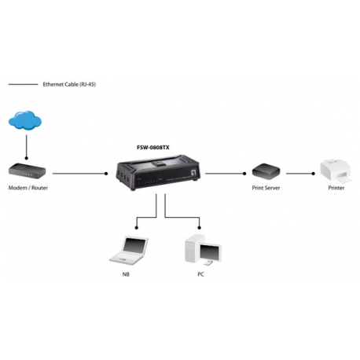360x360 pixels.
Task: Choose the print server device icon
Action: pyautogui.click(x=266, y=171)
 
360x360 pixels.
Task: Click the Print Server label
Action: pyautogui.click(x=266, y=189)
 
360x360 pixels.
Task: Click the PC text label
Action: pyautogui.click(x=201, y=275)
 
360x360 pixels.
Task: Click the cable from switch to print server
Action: pyautogui.click(x=228, y=172)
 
